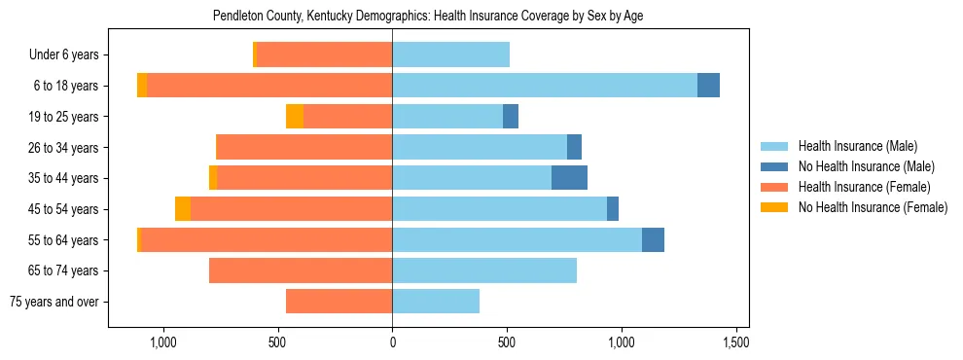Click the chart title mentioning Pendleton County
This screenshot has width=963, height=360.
(x=428, y=16)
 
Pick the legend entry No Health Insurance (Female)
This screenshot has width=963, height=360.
(x=873, y=207)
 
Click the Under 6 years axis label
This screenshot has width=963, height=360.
(x=63, y=55)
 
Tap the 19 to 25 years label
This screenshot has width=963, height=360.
(x=63, y=117)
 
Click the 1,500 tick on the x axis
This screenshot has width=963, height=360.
(x=736, y=342)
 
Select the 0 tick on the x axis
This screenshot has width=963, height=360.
(x=392, y=342)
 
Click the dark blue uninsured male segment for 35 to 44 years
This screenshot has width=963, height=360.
(x=569, y=178)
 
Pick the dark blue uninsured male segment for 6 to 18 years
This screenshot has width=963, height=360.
(x=708, y=86)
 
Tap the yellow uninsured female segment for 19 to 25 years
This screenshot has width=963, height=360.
(x=295, y=117)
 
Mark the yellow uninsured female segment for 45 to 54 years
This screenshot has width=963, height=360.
(x=183, y=209)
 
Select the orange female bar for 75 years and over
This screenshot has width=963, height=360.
(x=339, y=302)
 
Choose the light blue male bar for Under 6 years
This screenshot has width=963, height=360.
(x=450, y=55)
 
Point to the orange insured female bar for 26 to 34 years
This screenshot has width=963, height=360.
(x=303, y=147)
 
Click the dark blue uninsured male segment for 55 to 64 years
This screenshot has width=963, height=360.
(x=653, y=239)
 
